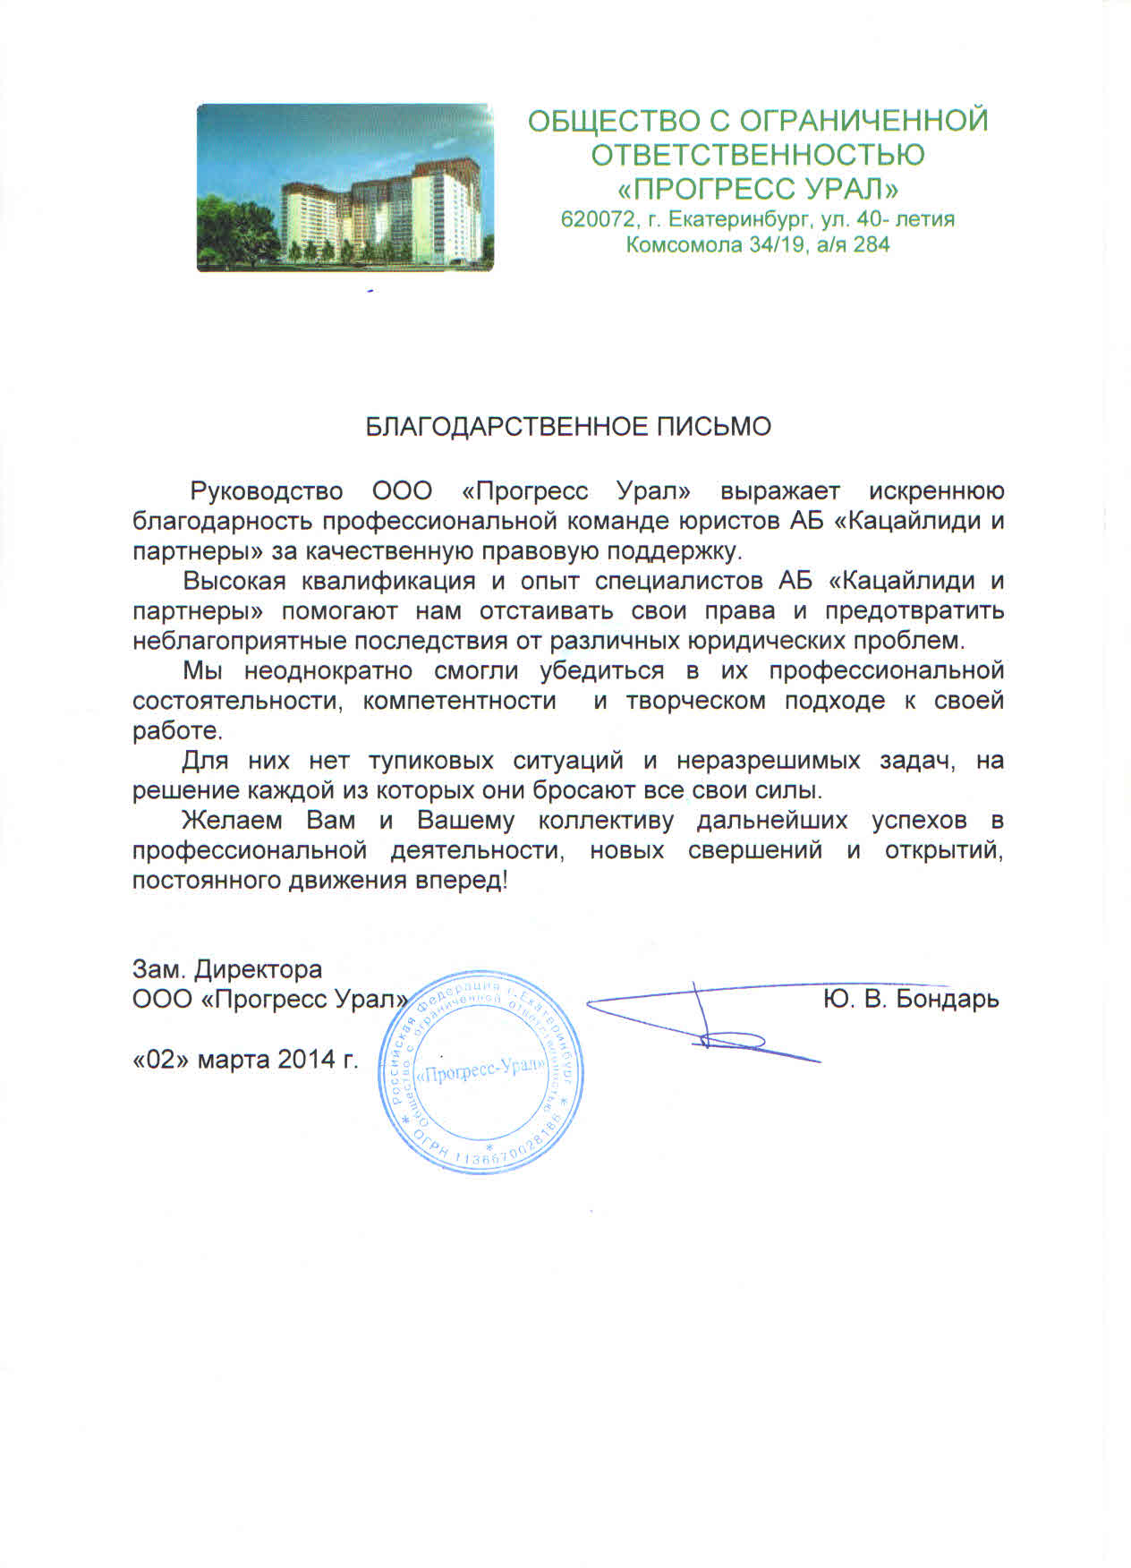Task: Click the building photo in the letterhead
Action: (344, 188)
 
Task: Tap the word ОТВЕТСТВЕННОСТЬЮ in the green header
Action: (758, 155)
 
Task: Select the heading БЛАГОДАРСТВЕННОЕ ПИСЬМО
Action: (568, 427)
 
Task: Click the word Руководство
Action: (268, 491)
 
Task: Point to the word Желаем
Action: (233, 821)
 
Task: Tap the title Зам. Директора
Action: (227, 969)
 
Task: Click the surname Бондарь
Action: (948, 999)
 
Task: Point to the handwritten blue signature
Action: (707, 1020)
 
